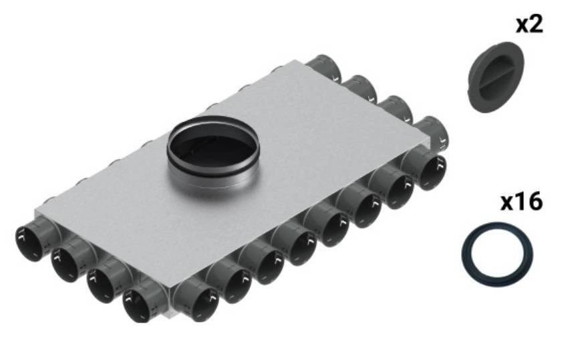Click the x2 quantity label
pos(529,25)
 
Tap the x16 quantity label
pos(521,202)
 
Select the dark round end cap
pos(495,77)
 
